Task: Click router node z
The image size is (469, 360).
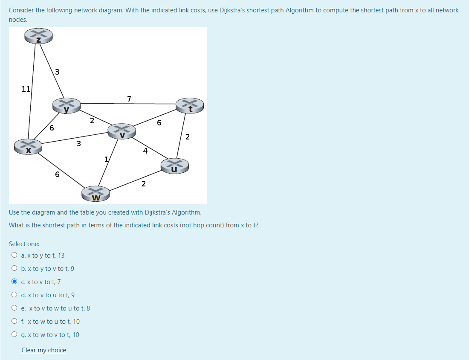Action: (38, 36)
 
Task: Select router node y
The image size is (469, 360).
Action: (66, 105)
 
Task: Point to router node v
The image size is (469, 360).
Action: (122, 131)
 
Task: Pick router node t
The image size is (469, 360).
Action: (190, 105)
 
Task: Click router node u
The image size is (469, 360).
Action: (174, 165)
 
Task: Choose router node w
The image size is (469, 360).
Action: (96, 194)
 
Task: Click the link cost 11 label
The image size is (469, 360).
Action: (26, 89)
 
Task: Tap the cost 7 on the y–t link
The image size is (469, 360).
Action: (129, 99)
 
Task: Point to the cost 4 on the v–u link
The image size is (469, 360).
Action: (145, 151)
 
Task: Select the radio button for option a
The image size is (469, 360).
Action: (14, 255)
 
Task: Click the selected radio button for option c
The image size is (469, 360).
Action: (14, 282)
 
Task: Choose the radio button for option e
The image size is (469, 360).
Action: (14, 308)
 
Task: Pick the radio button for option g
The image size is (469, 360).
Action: (14, 334)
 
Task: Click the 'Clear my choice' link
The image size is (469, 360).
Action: (44, 350)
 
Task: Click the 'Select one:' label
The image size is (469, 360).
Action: (24, 244)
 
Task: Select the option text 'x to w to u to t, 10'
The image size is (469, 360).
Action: (53, 321)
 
